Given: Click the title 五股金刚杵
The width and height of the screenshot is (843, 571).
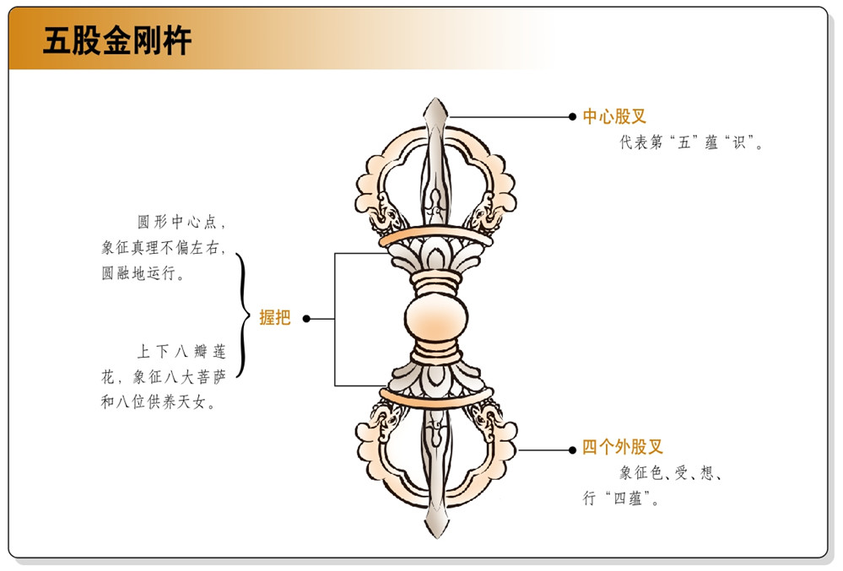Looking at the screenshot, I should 117,40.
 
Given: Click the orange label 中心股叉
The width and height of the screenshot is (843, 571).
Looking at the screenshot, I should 614,116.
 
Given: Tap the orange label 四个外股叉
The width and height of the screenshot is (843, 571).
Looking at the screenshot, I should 622,448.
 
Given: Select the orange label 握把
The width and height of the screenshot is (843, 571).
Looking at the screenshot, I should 275,318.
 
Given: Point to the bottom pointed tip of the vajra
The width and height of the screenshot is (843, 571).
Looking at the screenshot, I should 435,533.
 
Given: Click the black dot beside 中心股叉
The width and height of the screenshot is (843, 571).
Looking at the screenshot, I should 572,117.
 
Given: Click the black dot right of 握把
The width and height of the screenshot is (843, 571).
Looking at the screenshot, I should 306,319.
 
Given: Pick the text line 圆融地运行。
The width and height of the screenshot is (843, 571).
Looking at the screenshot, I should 143,273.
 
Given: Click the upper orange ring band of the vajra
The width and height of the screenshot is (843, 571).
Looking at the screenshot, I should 435,237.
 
